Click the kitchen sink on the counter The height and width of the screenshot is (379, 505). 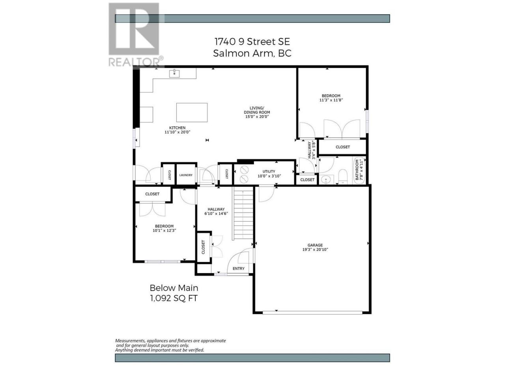tap(174, 74)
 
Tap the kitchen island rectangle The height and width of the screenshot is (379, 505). tap(192, 112)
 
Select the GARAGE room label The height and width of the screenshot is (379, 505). tap(315, 245)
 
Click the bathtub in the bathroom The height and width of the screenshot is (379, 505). tap(359, 170)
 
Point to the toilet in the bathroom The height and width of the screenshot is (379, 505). tap(343, 176)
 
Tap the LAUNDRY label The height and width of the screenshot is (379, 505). tap(186, 175)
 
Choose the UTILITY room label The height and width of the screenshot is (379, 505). tap(269, 171)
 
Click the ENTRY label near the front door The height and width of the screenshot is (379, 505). tap(238, 268)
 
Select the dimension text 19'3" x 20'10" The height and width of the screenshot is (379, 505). tap(315, 250)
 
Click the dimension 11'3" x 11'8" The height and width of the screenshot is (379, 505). tap(331, 100)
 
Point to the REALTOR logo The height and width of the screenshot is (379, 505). tap(136, 34)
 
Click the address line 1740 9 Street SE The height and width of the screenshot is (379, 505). tap(252, 42)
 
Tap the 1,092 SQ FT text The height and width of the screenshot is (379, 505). tap(174, 298)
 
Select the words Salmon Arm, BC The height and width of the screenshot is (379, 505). tap(252, 53)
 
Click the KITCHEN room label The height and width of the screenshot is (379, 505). tap(177, 128)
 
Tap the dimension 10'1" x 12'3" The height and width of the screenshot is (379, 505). tap(164, 230)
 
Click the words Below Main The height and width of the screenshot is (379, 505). tap(174, 288)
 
